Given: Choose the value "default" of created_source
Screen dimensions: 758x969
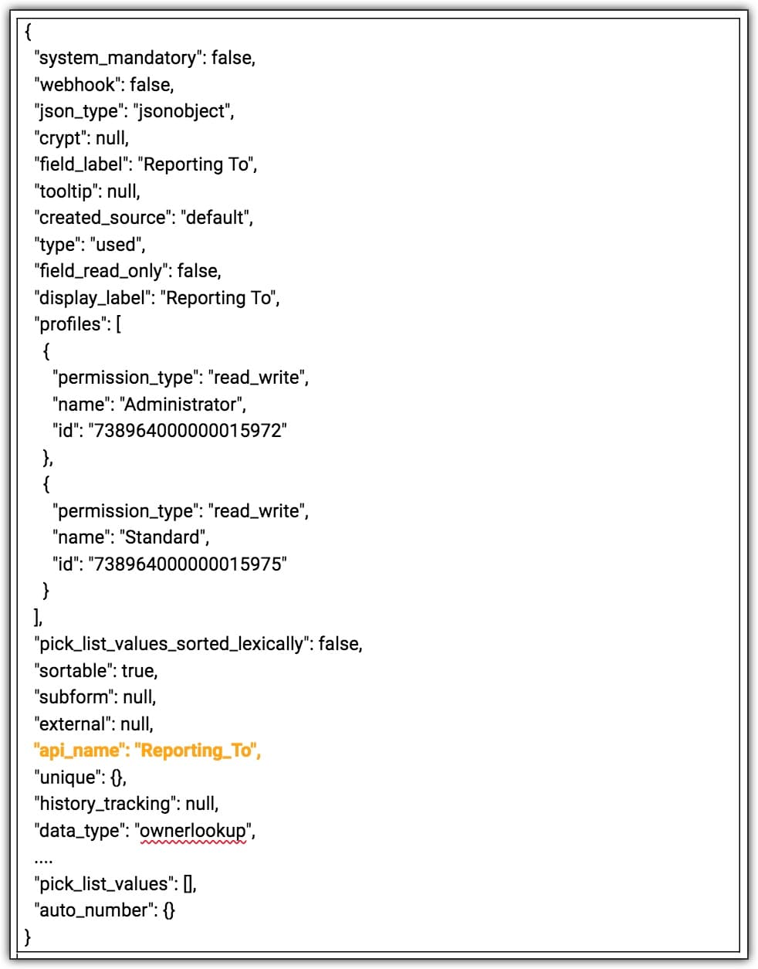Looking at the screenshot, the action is pyautogui.click(x=215, y=218).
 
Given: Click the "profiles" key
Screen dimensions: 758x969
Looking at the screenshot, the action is pyautogui.click(x=73, y=324).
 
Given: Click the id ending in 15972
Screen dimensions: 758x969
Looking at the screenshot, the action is pyautogui.click(x=188, y=431).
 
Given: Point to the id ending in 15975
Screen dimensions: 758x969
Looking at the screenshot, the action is pyautogui.click(x=188, y=564).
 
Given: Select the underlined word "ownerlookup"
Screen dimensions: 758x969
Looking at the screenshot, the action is pyautogui.click(x=193, y=831).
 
